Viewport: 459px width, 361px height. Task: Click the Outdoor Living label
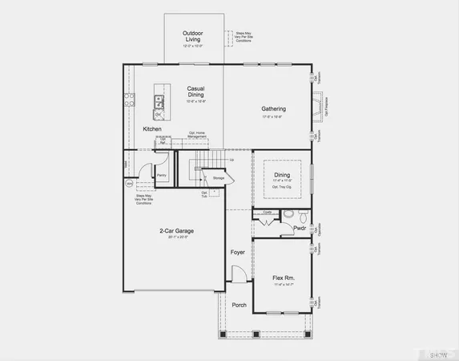pyautogui.click(x=192, y=36)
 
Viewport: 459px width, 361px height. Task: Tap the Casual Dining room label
pyautogui.click(x=195, y=91)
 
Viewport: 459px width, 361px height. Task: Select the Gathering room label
pyautogui.click(x=274, y=108)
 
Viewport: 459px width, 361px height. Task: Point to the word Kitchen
pyautogui.click(x=152, y=129)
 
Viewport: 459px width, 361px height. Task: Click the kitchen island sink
pyautogui.click(x=159, y=101)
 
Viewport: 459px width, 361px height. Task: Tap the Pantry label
pyautogui.click(x=161, y=174)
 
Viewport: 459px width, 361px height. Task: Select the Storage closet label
pyautogui.click(x=218, y=177)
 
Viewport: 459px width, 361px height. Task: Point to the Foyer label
pyautogui.click(x=238, y=252)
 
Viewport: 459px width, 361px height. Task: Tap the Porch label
pyautogui.click(x=239, y=305)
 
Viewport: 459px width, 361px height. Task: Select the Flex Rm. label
pyautogui.click(x=284, y=278)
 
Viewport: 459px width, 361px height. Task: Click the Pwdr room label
pyautogui.click(x=300, y=229)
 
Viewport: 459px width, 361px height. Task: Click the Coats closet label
pyautogui.click(x=268, y=213)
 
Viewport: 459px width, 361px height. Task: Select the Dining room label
pyautogui.click(x=283, y=174)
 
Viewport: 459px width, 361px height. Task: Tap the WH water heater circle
pyautogui.click(x=128, y=184)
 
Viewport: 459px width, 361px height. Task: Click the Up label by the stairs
pyautogui.click(x=232, y=160)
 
